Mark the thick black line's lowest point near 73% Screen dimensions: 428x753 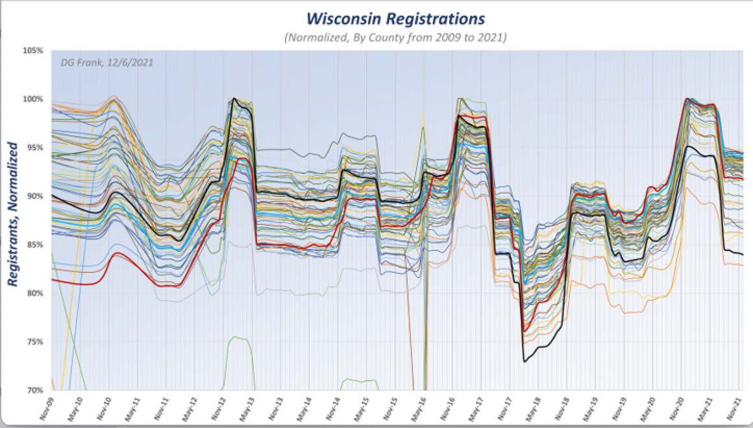click(525, 361)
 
